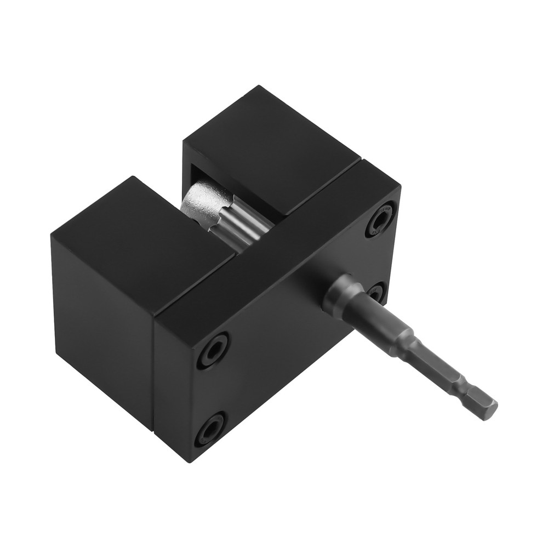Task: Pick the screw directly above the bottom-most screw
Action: (214, 351)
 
